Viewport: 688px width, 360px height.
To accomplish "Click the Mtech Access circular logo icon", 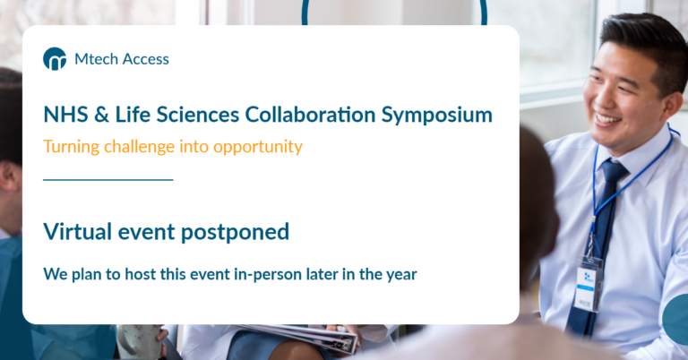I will click(x=55, y=59).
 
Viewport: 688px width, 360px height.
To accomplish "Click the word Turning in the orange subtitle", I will click(x=70, y=146).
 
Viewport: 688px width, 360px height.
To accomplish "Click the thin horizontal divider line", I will click(x=107, y=179).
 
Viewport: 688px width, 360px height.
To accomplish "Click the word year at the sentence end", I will click(x=400, y=274).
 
